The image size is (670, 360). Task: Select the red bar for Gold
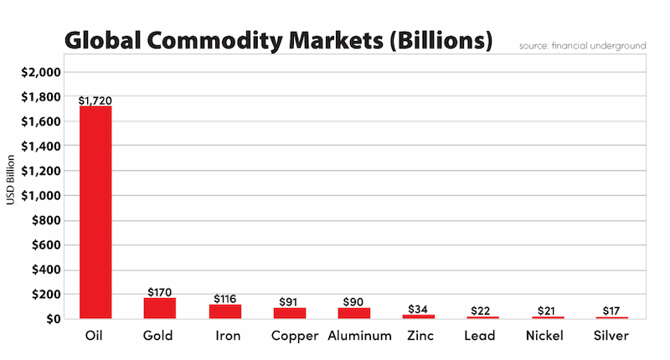pos(159,308)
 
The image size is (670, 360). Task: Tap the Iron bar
pos(224,311)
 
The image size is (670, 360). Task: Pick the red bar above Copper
pos(290,313)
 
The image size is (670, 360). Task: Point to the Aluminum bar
pos(354,313)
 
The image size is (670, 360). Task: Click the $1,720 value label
pos(95,100)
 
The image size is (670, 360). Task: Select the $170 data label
pos(159,291)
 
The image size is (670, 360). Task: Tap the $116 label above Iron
pos(224,298)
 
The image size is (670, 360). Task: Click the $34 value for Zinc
pos(419,308)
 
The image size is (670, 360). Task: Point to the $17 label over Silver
pos(613,310)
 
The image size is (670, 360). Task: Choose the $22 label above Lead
pos(483,310)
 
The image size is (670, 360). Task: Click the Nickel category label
pos(549,336)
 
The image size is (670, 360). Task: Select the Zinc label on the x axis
pos(419,336)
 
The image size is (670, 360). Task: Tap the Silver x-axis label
pos(613,336)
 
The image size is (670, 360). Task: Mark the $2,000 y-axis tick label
pos(40,73)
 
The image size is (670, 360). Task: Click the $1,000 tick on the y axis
pos(40,196)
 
